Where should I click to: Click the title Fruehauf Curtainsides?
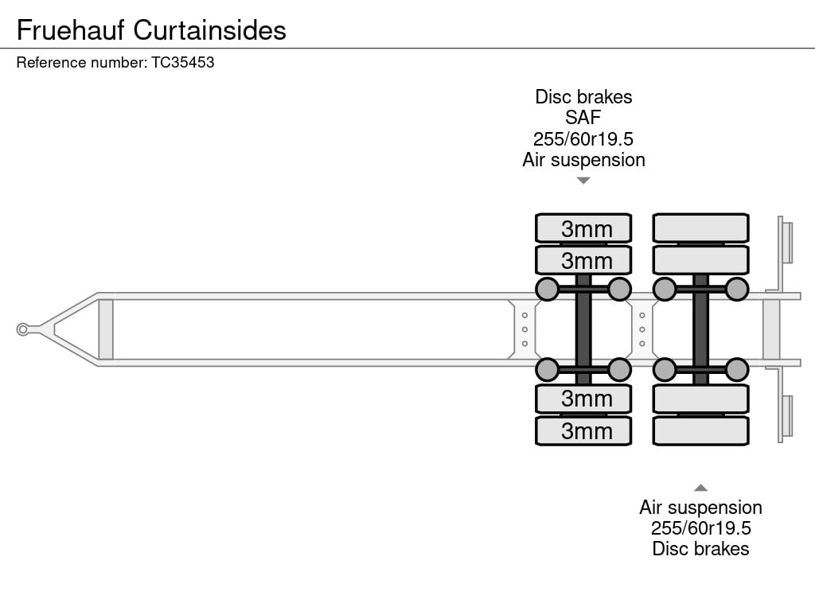pyautogui.click(x=151, y=30)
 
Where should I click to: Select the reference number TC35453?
pyautogui.click(x=182, y=62)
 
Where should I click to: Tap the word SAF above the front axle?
pyautogui.click(x=583, y=118)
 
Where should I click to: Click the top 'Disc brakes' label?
pyautogui.click(x=583, y=96)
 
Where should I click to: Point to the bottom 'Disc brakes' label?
pyautogui.click(x=700, y=549)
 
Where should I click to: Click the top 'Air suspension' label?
pyautogui.click(x=583, y=160)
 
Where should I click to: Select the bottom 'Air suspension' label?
pyautogui.click(x=700, y=508)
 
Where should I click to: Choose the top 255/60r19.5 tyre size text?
pyautogui.click(x=583, y=138)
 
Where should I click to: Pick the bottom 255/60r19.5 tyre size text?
pyautogui.click(x=700, y=528)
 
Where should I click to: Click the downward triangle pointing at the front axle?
pyautogui.click(x=583, y=181)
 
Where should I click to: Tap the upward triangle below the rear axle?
pyautogui.click(x=700, y=488)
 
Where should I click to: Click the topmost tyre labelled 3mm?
pyautogui.click(x=583, y=228)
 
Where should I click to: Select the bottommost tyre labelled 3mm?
pyautogui.click(x=583, y=430)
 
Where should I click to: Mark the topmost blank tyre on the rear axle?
pyautogui.click(x=700, y=228)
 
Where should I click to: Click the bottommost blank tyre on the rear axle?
pyautogui.click(x=700, y=430)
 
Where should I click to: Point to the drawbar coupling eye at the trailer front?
pyautogui.click(x=22, y=329)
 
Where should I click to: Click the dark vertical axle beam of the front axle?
pyautogui.click(x=583, y=329)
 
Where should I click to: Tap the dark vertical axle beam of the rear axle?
pyautogui.click(x=700, y=329)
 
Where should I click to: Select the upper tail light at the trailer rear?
pyautogui.click(x=787, y=243)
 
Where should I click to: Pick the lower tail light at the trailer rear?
pyautogui.click(x=787, y=416)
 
